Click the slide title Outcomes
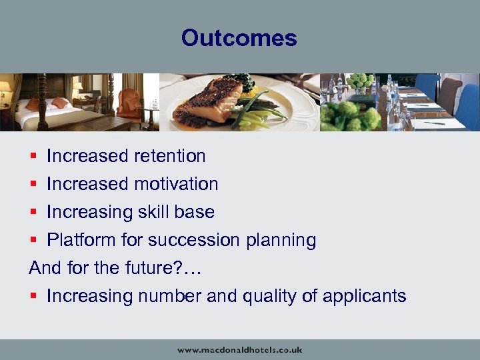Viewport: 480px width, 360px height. tap(239, 37)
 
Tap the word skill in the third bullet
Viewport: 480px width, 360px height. tap(153, 212)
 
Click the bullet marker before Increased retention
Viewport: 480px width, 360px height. tap(34, 157)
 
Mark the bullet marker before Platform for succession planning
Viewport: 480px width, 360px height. tap(34, 241)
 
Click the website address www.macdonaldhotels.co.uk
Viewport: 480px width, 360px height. tap(239, 349)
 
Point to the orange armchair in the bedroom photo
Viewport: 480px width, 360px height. tap(129, 103)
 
